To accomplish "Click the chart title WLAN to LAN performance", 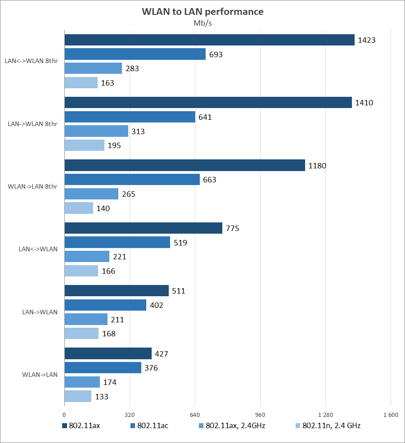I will (202, 12).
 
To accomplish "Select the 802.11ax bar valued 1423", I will (210, 40).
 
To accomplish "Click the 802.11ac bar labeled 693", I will (135, 54).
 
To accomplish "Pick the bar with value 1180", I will (185, 166).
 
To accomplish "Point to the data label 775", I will (233, 228).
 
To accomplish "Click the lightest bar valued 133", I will (78, 396).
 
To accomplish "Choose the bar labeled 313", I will (96, 131).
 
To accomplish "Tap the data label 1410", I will (364, 103).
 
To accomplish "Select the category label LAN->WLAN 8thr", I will (33, 124).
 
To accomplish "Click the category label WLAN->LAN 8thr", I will (33, 186).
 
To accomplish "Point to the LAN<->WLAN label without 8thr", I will (38, 249).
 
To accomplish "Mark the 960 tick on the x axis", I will (260, 415).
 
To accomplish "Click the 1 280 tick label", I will (325, 415).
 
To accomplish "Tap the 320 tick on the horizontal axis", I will (130, 415).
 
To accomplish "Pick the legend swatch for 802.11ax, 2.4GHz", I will (201, 425).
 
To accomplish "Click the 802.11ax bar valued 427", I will (108, 353).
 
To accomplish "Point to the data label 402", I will (157, 306).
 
